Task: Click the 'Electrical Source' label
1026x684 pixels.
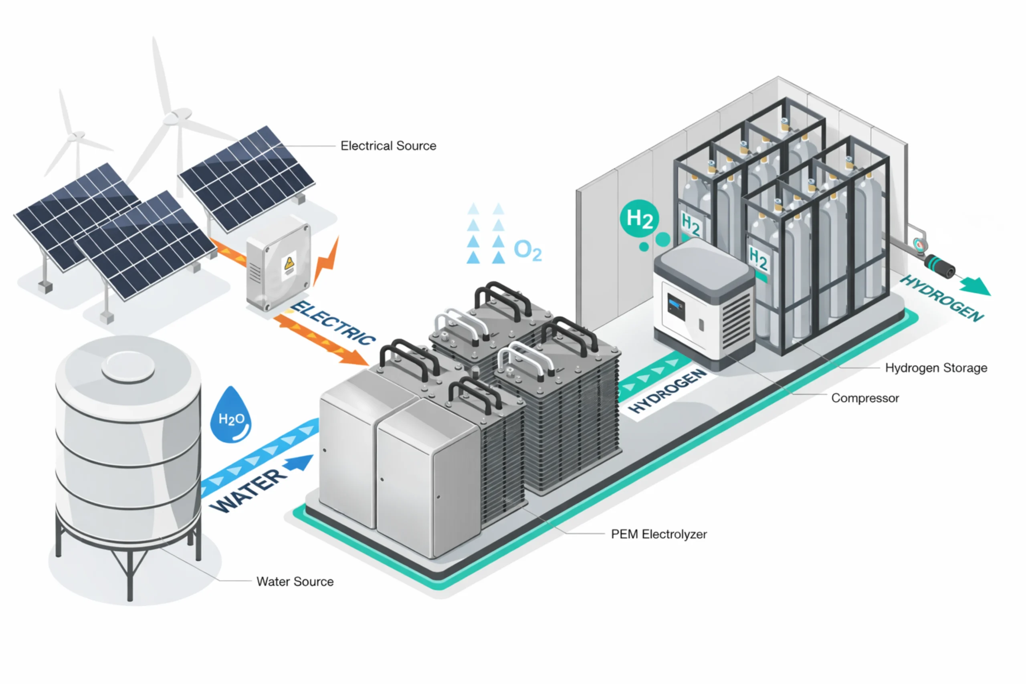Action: (388, 146)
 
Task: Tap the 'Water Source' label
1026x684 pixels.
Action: (295, 581)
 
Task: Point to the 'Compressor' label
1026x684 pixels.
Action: (864, 398)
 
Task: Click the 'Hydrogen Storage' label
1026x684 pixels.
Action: (936, 368)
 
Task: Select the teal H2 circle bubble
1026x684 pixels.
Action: (639, 218)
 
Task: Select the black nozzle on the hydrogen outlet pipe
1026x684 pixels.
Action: (941, 266)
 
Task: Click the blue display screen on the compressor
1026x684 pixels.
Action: (676, 307)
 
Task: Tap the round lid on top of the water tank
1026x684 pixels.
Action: (128, 366)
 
